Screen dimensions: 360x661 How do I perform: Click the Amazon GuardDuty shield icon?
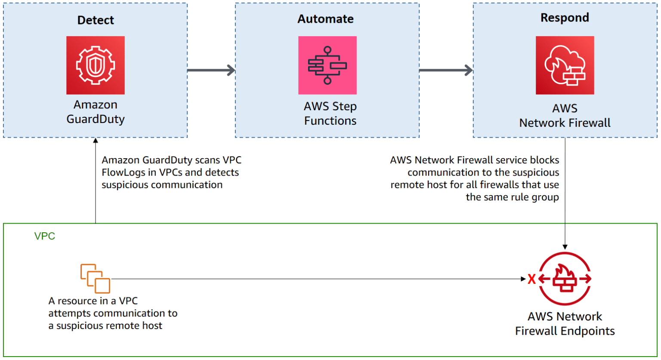[x=95, y=65]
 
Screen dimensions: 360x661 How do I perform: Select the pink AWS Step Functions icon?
[x=327, y=65]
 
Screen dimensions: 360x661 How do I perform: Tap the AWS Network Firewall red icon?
[x=565, y=65]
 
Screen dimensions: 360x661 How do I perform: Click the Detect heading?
[x=96, y=20]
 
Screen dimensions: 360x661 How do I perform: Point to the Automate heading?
[x=325, y=19]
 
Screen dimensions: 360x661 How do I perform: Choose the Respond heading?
[x=565, y=18]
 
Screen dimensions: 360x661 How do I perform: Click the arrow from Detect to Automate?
[x=211, y=70]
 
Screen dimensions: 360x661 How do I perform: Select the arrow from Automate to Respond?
[x=446, y=70]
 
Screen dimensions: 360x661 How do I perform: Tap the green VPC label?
[x=45, y=236]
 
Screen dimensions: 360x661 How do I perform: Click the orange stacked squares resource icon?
[x=95, y=278]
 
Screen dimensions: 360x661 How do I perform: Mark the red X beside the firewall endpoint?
[x=531, y=279]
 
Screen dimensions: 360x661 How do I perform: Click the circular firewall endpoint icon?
[x=565, y=279]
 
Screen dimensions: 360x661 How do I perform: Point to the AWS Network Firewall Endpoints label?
[x=565, y=323]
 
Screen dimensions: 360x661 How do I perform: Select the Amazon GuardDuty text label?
[x=96, y=112]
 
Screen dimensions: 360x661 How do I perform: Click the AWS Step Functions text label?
[x=330, y=114]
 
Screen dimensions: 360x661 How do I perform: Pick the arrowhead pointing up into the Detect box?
[x=96, y=141]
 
